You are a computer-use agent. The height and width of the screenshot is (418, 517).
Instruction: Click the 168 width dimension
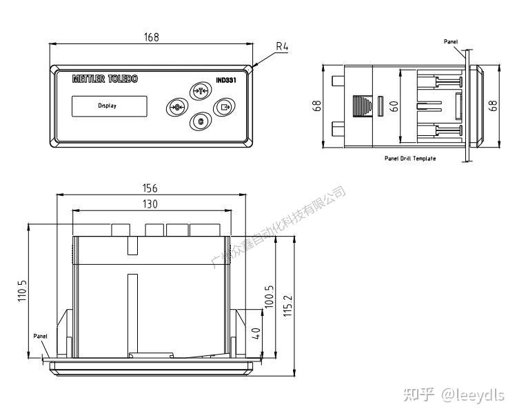[x=151, y=37]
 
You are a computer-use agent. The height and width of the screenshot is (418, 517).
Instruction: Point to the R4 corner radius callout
[x=282, y=47]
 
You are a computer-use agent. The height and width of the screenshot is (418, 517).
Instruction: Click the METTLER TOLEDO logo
[x=105, y=79]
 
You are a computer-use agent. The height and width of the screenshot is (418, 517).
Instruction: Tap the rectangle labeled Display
[x=109, y=106]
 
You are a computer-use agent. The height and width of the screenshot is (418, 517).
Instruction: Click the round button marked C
[x=200, y=122]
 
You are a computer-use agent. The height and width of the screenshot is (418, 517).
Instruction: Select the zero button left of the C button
[x=177, y=107]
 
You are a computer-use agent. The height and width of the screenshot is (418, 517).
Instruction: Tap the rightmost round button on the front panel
[x=224, y=107]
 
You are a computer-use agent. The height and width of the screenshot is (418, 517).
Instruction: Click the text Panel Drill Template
[x=410, y=158]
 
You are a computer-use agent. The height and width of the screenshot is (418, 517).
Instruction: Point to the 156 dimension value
[x=150, y=188]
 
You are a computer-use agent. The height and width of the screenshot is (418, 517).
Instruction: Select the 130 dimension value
[x=150, y=204]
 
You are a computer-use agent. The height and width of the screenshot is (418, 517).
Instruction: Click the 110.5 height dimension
[x=22, y=291]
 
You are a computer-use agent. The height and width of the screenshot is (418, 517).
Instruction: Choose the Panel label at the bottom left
[x=41, y=336]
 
